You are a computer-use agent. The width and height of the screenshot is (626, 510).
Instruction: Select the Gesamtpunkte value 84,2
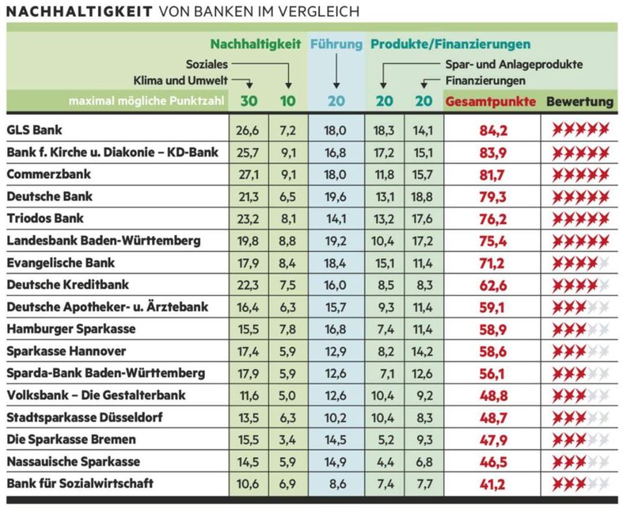pos(493,130)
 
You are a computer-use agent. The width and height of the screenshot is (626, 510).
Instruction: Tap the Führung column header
pos(336,44)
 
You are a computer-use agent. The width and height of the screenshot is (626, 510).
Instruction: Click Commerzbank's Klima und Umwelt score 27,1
pos(248,174)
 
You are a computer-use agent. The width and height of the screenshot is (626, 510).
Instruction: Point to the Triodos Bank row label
pos(45,218)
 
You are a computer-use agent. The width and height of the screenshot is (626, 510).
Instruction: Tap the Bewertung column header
pos(580,102)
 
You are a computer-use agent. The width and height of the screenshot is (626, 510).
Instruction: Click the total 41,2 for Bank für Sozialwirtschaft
pos(493,484)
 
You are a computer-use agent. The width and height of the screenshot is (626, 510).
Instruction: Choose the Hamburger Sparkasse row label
pos(71,329)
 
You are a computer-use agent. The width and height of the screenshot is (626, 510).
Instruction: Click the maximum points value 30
pos(248,101)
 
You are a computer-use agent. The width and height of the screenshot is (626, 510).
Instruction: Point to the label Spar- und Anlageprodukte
pos(514,65)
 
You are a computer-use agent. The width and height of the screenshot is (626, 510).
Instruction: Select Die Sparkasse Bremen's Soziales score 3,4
pos(288,440)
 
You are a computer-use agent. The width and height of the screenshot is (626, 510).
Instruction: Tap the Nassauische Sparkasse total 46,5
pos(493,462)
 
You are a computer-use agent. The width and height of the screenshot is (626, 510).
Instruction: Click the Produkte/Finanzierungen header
pos(451,44)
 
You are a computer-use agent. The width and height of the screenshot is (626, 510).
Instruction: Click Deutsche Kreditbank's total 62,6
pos(493,284)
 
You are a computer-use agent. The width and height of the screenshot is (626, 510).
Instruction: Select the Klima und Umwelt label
pos(181,80)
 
